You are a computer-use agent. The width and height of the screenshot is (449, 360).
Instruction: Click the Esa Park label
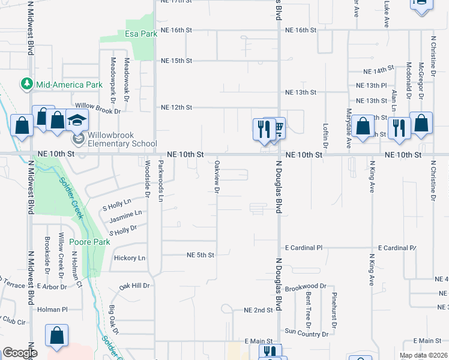click(x=141, y=34)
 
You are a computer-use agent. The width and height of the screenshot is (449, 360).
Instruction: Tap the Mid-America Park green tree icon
click(x=27, y=85)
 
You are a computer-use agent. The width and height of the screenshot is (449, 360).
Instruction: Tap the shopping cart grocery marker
click(x=277, y=128)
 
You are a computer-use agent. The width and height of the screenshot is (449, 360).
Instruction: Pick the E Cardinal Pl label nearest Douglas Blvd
click(x=303, y=248)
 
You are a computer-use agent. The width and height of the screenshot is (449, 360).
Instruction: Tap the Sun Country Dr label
click(x=306, y=331)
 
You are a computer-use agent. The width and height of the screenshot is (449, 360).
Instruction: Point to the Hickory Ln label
click(x=130, y=258)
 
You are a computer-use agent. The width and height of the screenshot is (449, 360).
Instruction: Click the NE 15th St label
click(x=176, y=61)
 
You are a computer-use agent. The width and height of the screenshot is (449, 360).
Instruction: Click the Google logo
click(x=19, y=353)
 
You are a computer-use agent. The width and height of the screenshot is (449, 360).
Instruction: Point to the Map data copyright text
click(x=424, y=355)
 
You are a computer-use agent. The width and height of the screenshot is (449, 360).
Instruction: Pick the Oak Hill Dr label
click(x=134, y=286)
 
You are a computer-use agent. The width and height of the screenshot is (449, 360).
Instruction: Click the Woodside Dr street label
click(x=147, y=178)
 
